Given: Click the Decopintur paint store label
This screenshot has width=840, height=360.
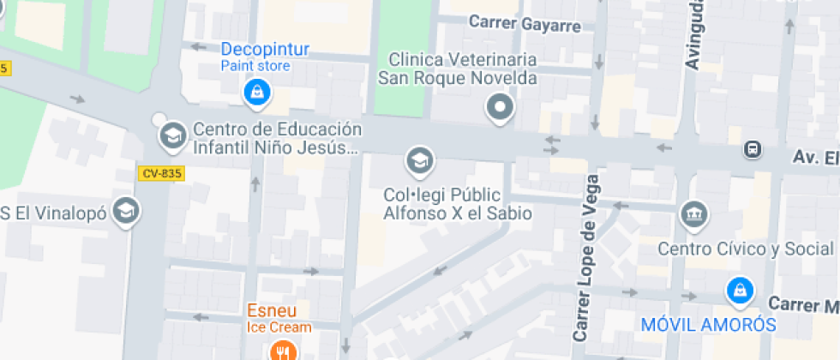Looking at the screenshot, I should (x=265, y=56).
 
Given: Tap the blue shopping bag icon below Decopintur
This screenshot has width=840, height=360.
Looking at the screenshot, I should (x=255, y=93).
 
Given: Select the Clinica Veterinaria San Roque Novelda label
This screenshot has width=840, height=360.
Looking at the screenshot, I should (x=458, y=69).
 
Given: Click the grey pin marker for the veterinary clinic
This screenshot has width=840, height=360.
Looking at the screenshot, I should (x=500, y=108).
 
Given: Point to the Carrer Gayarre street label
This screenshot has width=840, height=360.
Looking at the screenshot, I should (x=525, y=24).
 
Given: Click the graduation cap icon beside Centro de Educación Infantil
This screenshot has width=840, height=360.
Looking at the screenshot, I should (x=173, y=134).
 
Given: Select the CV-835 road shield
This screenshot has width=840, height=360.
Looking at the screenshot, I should (x=161, y=173).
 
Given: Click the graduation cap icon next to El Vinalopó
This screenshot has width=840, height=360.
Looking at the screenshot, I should (x=127, y=210).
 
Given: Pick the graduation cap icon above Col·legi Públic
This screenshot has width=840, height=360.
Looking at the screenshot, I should (x=419, y=159).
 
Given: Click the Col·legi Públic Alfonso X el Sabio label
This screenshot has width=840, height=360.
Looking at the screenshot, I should (x=458, y=204).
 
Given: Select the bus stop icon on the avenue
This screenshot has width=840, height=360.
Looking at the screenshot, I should (x=752, y=150).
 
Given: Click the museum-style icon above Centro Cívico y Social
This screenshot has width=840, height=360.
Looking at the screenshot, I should (x=693, y=213).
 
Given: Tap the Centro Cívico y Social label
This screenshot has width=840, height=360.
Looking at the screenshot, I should (x=745, y=249).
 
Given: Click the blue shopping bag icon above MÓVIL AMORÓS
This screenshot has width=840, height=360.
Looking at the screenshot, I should (x=738, y=291).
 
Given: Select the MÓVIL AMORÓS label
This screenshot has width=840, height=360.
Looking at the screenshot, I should (x=709, y=325).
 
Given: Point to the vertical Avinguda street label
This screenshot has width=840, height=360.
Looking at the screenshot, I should (x=694, y=34).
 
